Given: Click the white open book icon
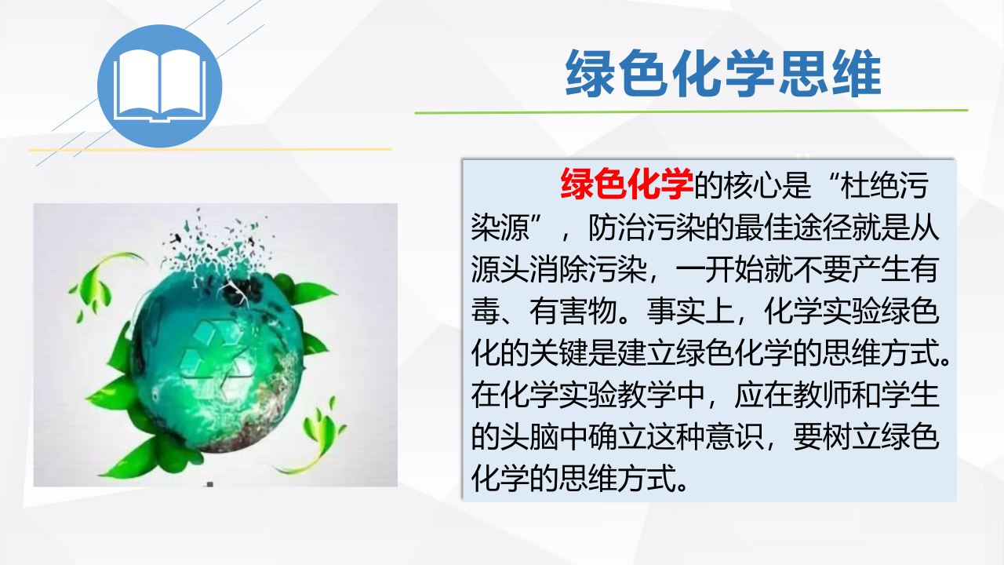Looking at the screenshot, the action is tap(160, 86).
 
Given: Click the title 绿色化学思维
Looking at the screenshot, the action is tap(723, 74).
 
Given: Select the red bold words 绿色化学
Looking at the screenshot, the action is tap(627, 184).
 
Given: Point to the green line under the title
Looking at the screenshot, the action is tap(691, 111).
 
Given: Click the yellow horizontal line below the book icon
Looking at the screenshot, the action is tap(209, 149).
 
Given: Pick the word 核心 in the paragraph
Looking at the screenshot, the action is tap(752, 184).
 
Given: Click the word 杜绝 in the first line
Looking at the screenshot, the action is tap(870, 184).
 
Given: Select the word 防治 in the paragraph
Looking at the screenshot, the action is tap(617, 227).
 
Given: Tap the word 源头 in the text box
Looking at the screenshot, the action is tap(500, 269).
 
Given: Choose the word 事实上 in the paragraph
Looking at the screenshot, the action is tap(690, 311).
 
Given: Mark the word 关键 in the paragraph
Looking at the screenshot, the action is tap(558, 353).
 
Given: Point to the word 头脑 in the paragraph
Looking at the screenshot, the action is tap(529, 436).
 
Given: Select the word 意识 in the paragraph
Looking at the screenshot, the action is tap(734, 436).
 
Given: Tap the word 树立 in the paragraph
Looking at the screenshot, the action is tap(851, 436).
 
